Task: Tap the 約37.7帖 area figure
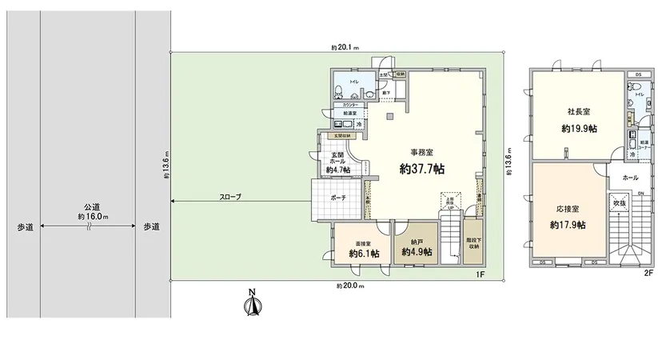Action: pyautogui.click(x=422, y=170)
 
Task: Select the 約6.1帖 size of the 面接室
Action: pyautogui.click(x=364, y=253)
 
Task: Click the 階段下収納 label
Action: pyautogui.click(x=473, y=244)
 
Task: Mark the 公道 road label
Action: pyautogui.click(x=93, y=205)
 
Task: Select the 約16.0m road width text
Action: pyautogui.click(x=93, y=216)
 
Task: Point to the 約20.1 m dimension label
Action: pyautogui.click(x=345, y=47)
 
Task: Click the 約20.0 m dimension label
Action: pyautogui.click(x=349, y=286)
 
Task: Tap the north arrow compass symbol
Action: pyautogui.click(x=252, y=304)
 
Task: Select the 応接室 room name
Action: pyautogui.click(x=568, y=210)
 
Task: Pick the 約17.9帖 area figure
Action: pyautogui.click(x=568, y=225)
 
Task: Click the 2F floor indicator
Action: pyautogui.click(x=648, y=273)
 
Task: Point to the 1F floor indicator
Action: pyautogui.click(x=481, y=274)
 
